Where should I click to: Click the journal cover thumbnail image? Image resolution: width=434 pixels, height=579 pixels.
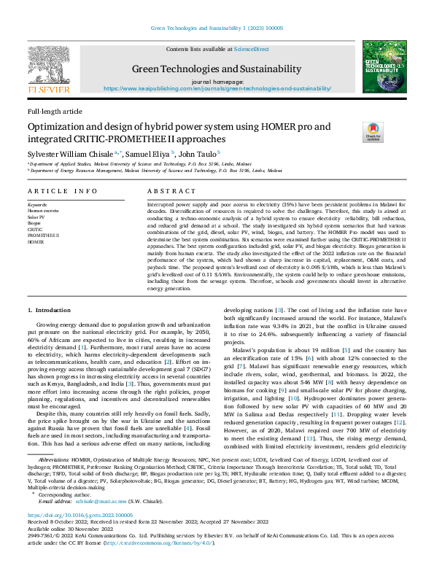pyautogui.click(x=384, y=69)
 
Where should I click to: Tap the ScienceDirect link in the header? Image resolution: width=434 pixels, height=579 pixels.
pyautogui.click(x=251, y=49)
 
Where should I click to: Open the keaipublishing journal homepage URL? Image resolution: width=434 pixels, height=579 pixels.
pyautogui.click(x=217, y=88)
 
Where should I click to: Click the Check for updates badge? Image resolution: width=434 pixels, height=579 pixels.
pyautogui.click(x=352, y=132)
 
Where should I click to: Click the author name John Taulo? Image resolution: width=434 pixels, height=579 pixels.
pyautogui.click(x=198, y=155)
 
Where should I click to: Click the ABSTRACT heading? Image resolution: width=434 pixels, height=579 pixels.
pyautogui.click(x=168, y=191)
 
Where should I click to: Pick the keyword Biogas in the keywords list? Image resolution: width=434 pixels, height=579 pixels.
pyautogui.click(x=35, y=223)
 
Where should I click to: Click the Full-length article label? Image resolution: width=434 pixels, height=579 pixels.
pyautogui.click(x=55, y=111)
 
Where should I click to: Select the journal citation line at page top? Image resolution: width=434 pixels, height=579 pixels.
pyautogui.click(x=217, y=27)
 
